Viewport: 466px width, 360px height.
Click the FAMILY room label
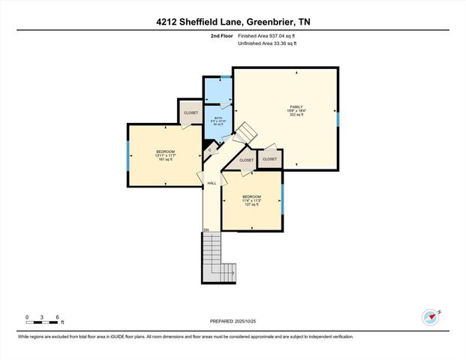(296, 107)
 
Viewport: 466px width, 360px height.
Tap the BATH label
(218, 118)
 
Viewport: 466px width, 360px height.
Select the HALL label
(212, 183)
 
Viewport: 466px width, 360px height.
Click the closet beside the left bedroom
(190, 113)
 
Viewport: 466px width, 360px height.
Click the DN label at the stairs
(206, 229)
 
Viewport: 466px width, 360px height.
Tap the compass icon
(430, 316)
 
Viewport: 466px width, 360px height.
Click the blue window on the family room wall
(338, 118)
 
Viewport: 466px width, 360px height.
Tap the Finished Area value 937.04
(279, 35)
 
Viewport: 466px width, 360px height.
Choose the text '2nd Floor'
(221, 35)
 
